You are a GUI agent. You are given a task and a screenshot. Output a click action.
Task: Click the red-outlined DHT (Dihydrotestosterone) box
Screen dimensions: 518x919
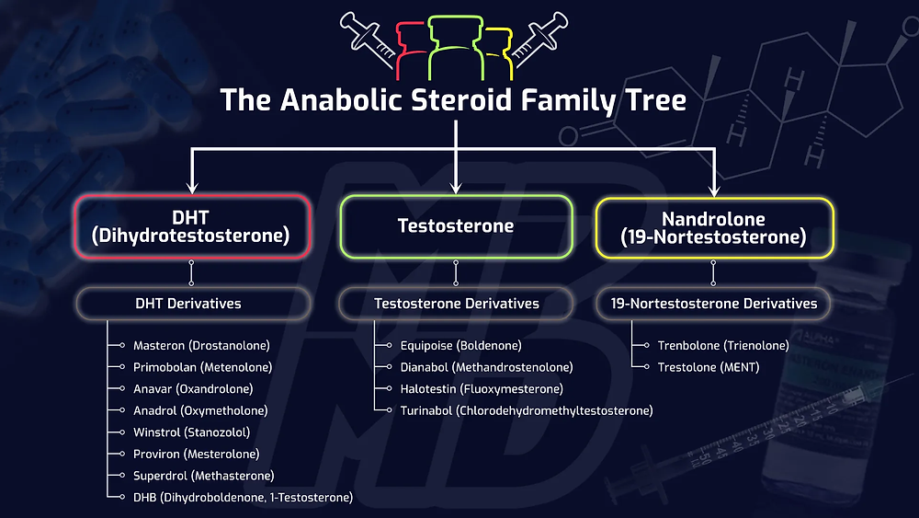(191, 226)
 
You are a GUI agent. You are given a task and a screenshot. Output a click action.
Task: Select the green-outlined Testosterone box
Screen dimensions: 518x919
(456, 226)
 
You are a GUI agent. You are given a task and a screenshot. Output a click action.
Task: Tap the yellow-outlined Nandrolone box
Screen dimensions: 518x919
(713, 226)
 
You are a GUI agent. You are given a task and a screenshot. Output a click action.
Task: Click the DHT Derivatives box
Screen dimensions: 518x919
(191, 303)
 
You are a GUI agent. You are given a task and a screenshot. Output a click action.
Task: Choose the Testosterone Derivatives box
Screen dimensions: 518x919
(456, 303)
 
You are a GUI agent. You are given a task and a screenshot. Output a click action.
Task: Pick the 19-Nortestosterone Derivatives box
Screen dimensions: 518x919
(713, 303)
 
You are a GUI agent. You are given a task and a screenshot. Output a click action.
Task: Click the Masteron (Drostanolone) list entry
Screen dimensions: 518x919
(201, 346)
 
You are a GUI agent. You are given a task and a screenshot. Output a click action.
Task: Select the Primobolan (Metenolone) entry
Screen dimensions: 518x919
(202, 367)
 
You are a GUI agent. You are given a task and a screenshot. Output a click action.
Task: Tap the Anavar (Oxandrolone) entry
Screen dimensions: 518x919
(193, 389)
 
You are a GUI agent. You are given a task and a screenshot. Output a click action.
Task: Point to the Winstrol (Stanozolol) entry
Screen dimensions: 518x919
(191, 432)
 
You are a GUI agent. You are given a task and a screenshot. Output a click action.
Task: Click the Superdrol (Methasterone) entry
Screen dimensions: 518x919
(203, 476)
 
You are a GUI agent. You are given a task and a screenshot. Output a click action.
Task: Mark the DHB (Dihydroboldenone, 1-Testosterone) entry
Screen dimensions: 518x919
(243, 498)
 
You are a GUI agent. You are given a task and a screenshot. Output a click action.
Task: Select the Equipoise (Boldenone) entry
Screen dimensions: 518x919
(460, 346)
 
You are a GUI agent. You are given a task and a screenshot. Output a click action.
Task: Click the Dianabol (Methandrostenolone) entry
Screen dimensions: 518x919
(486, 367)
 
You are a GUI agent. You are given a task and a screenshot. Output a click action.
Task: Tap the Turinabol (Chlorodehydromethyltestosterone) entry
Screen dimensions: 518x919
(526, 410)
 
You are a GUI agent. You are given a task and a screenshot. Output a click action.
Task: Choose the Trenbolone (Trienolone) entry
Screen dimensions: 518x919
(723, 346)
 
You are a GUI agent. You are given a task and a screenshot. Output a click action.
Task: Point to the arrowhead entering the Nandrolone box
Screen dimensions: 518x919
(713, 190)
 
